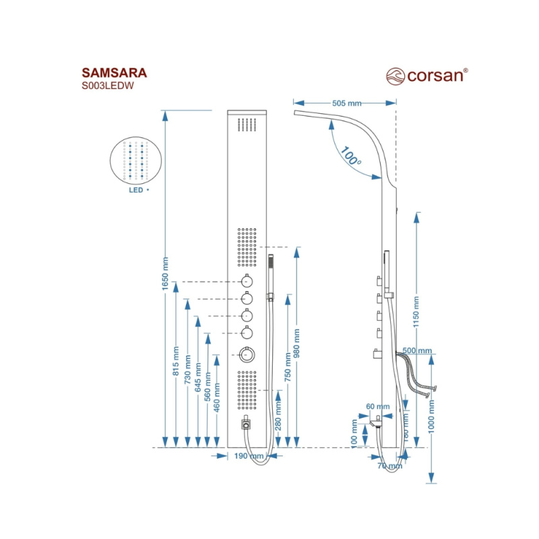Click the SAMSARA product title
pyautogui.click(x=114, y=73)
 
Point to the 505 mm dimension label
pyautogui.click(x=347, y=103)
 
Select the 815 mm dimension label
pyautogui.click(x=177, y=364)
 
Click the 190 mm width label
pyautogui.click(x=249, y=456)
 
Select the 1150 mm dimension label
pyautogui.click(x=416, y=309)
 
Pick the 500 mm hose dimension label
pyautogui.click(x=417, y=351)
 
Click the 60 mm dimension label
pyautogui.click(x=377, y=406)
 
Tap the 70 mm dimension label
pyautogui.click(x=389, y=465)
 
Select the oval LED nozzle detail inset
pyautogui.click(x=137, y=160)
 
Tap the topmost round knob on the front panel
pyautogui.click(x=247, y=282)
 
